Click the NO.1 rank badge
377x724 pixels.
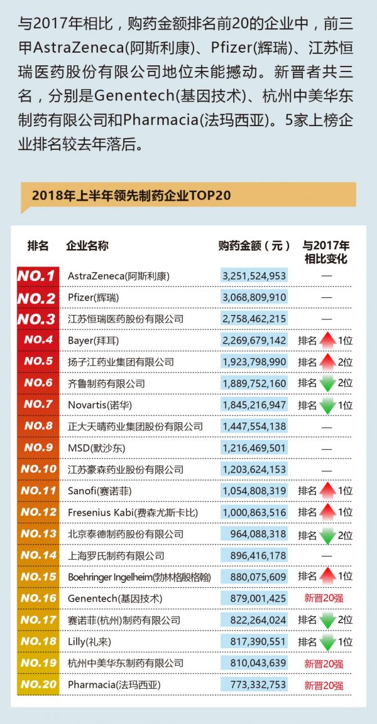[x=37, y=275]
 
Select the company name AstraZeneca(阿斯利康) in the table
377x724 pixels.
[x=119, y=275]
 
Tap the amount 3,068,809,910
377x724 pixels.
[x=254, y=297]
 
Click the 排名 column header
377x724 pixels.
[x=38, y=246]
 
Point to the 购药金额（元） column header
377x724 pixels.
[x=254, y=246]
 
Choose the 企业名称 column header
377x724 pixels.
[x=87, y=246]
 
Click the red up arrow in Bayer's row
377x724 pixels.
[x=327, y=340]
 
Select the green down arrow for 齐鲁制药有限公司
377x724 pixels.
[x=327, y=383]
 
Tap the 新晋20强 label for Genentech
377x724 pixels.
[x=324, y=599]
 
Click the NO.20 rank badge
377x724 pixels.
[x=37, y=684]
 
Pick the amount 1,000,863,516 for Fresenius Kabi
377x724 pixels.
[x=254, y=513]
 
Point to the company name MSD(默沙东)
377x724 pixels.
[x=96, y=448]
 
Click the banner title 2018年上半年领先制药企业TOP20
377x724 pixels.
[x=131, y=195]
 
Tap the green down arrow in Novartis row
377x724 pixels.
[x=327, y=405]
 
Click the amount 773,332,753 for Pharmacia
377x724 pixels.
[x=254, y=684]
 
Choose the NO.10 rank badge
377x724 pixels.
[x=37, y=469]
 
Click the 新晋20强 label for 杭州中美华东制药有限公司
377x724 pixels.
[x=324, y=663]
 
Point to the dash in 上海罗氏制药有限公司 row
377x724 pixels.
[x=327, y=555]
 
